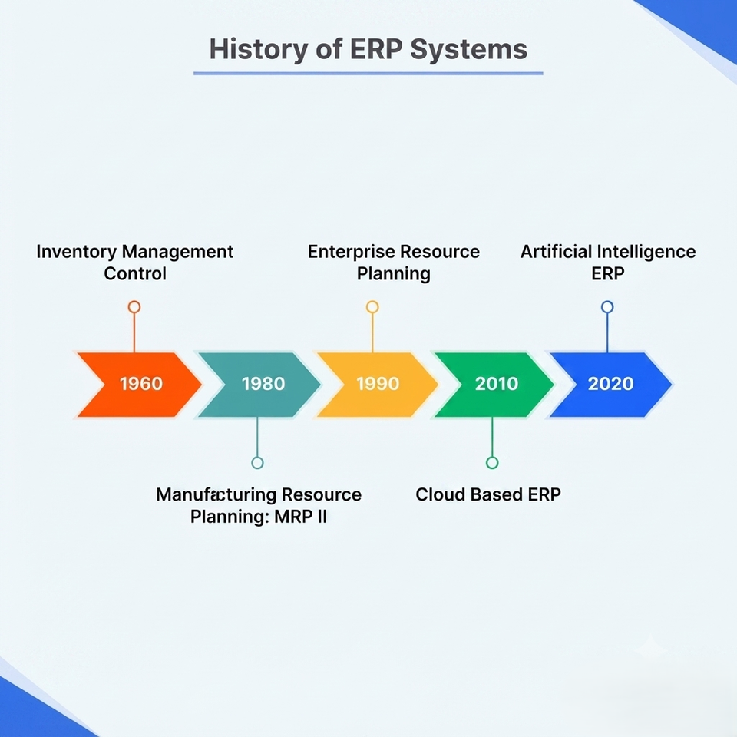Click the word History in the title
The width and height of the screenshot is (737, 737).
click(x=259, y=50)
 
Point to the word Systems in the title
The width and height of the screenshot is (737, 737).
click(x=468, y=50)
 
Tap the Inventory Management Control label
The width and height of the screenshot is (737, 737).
click(x=135, y=263)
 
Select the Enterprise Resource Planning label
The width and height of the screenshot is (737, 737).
click(x=393, y=263)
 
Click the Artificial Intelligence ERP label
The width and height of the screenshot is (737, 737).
click(x=608, y=263)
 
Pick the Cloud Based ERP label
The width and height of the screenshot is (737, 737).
click(x=488, y=494)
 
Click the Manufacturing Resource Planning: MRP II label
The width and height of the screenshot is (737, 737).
click(x=259, y=505)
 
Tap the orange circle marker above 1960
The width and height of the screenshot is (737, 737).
click(x=134, y=307)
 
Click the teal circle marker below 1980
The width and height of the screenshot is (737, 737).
click(x=257, y=463)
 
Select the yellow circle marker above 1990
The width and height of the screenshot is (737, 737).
click(x=372, y=307)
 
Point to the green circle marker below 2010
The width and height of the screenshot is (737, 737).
click(x=492, y=463)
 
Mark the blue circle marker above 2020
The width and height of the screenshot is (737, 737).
click(x=607, y=307)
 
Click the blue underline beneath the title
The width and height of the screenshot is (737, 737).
click(x=368, y=74)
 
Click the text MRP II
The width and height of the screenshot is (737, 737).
click(x=300, y=517)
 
